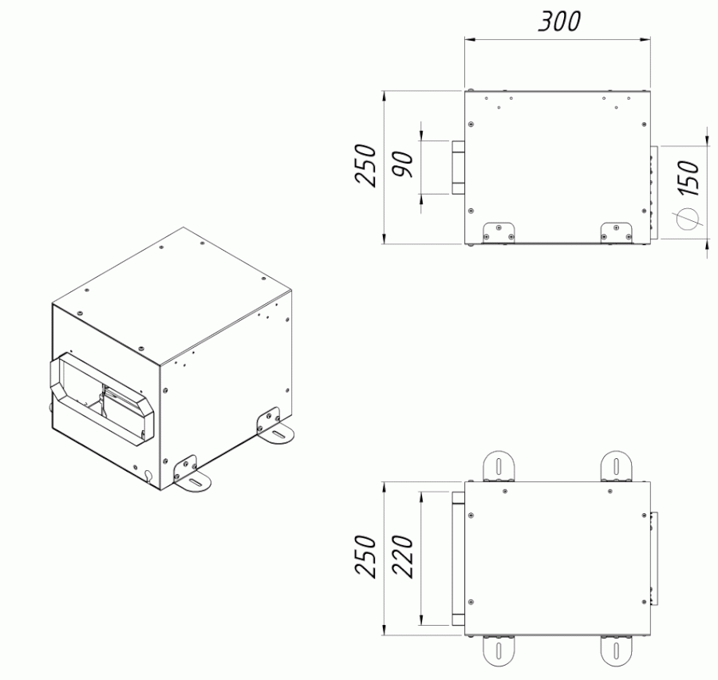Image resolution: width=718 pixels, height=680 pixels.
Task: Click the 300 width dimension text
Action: click(x=559, y=22)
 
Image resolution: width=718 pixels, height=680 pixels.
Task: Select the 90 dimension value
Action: click(x=403, y=164)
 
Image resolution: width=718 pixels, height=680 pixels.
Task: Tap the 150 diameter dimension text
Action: click(x=689, y=178)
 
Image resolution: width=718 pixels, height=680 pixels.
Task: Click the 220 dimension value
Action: click(x=403, y=556)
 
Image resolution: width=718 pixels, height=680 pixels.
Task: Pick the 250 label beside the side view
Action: click(x=366, y=165)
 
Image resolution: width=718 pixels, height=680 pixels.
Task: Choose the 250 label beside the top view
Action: click(x=366, y=556)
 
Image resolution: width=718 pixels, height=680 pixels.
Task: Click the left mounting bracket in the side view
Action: click(x=499, y=233)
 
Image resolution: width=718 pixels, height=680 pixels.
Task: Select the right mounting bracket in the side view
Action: click(x=617, y=233)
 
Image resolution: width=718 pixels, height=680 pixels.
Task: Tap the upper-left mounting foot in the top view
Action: click(x=499, y=466)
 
